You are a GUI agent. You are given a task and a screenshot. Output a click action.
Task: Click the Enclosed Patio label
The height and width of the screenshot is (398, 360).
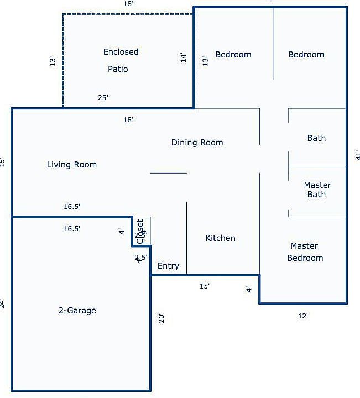click(x=121, y=60)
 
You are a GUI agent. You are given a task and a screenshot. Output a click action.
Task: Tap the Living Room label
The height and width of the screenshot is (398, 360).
click(x=72, y=165)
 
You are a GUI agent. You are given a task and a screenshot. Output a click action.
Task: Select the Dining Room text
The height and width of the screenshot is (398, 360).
click(x=197, y=143)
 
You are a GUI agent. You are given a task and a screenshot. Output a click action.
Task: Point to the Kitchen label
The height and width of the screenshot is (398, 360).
click(x=220, y=238)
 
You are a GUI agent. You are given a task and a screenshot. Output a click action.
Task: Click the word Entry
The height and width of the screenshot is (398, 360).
click(x=168, y=266)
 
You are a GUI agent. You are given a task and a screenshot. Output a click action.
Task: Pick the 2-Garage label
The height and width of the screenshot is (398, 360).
click(x=77, y=311)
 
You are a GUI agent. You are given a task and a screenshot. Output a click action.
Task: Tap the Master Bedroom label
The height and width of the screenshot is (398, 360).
click(x=305, y=252)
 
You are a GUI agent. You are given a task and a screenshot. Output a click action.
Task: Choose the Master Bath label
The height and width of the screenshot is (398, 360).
click(x=317, y=190)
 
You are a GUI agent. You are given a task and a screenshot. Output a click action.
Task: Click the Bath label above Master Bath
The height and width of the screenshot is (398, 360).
click(x=316, y=138)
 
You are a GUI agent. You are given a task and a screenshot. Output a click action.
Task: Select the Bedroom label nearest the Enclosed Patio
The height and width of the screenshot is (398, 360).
click(x=233, y=55)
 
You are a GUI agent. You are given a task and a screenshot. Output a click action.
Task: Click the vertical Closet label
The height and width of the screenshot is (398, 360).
click(x=140, y=231)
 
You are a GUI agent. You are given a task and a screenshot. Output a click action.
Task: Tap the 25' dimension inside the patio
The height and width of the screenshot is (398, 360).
click(x=103, y=98)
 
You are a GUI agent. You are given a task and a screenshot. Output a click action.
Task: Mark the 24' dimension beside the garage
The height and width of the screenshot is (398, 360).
click(x=3, y=303)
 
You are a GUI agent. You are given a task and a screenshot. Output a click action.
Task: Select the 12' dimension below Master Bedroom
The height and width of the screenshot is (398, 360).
click(x=302, y=316)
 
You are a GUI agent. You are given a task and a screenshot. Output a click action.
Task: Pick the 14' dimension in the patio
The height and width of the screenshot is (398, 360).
click(x=184, y=57)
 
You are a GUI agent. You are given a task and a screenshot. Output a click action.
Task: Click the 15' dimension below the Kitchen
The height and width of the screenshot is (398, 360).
click(x=204, y=286)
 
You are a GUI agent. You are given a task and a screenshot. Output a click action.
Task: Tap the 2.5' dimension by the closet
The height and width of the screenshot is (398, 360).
click(x=140, y=257)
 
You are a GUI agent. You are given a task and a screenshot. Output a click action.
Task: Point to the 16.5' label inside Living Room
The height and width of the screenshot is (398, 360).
click(x=72, y=207)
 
